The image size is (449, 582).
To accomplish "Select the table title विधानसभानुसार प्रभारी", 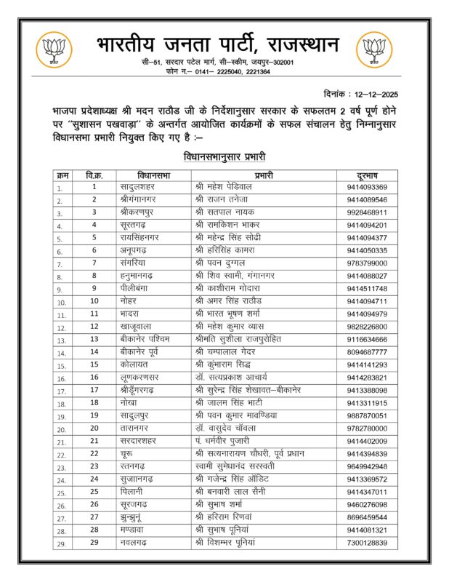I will [225, 156].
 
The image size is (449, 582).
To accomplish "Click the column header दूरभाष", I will [367, 175].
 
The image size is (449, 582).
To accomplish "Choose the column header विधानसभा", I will [153, 175].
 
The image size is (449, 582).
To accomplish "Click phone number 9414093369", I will [367, 188].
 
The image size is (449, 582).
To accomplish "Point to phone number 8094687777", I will [367, 351].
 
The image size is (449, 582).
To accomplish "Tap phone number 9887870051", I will [367, 415].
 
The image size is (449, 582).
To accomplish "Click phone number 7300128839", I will [367, 543].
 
